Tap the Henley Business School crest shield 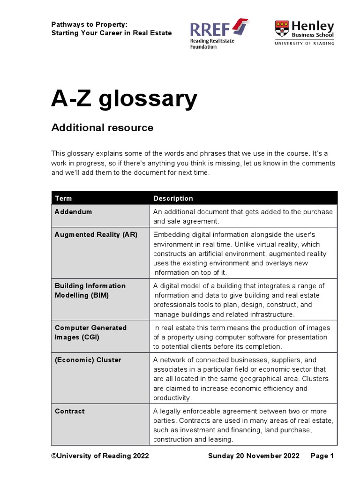point(282,29)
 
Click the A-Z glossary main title point(124,99)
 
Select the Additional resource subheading point(102,127)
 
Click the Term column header point(63,198)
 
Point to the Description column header point(173,198)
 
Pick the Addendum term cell point(74,212)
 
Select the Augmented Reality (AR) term point(96,235)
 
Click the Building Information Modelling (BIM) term point(90,290)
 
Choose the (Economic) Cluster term point(88,360)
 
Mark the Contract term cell point(70,411)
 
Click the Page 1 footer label point(322,456)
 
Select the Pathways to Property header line point(89,24)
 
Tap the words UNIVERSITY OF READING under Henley point(305,43)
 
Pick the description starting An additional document point(243,216)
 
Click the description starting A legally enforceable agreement point(243,425)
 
